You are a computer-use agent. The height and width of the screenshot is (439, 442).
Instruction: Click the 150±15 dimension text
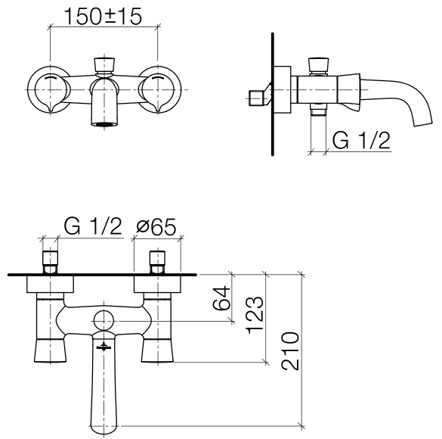(103, 17)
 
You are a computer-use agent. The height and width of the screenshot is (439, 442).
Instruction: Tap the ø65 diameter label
(156, 227)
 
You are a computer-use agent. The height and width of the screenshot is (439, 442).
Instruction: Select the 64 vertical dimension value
(222, 298)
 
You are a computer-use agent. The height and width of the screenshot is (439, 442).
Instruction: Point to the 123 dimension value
(255, 315)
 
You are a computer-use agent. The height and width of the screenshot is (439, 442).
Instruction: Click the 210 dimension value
(290, 351)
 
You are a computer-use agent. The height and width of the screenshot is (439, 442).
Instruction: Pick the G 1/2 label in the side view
(361, 140)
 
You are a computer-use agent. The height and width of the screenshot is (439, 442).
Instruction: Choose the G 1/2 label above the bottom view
(93, 226)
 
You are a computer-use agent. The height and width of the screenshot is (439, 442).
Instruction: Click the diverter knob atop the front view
(104, 64)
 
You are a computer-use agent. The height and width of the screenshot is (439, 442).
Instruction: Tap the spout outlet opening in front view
(104, 123)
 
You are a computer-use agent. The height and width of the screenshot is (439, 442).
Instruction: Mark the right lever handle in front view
(156, 90)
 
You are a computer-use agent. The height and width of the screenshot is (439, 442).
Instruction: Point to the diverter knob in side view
(319, 65)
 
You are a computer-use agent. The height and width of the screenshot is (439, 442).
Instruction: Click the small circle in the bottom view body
(104, 321)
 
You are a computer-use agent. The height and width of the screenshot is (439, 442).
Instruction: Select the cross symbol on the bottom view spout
(104, 346)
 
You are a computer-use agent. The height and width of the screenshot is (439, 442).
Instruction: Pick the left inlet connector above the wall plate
(50, 261)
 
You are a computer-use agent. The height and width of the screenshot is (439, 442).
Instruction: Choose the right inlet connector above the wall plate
(157, 261)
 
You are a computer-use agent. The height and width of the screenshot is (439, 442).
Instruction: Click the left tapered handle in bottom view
(50, 350)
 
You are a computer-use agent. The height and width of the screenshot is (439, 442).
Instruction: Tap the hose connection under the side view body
(318, 110)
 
